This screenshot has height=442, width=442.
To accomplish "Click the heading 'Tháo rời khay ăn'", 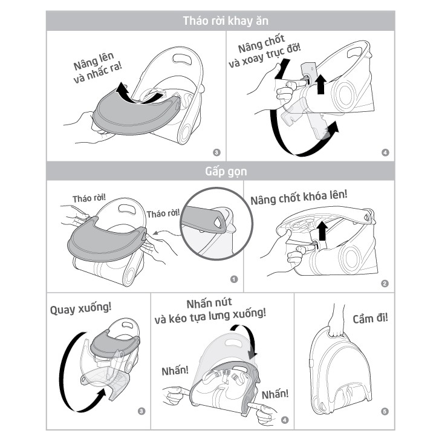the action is (225, 21).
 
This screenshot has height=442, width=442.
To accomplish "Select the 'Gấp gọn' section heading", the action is (226, 171).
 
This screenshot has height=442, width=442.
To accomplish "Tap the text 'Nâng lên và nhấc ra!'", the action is (97, 68).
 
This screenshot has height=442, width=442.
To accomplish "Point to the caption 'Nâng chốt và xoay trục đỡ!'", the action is (264, 51).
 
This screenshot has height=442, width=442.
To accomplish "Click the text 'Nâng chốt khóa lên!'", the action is (299, 197).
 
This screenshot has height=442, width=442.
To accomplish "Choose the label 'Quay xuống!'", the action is (80, 308).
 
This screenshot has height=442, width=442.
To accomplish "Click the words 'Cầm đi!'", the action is (370, 319).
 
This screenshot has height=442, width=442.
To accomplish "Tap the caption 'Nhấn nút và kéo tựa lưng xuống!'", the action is (210, 311).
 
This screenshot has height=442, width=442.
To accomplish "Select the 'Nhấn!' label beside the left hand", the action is (175, 371).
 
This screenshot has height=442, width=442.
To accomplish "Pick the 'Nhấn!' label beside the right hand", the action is (275, 394).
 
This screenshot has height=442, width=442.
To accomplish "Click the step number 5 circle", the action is (385, 411).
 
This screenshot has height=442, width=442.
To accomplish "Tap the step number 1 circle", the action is (234, 279).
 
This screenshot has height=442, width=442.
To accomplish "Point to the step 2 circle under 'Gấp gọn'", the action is (385, 284).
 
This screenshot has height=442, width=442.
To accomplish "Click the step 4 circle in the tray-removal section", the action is (385, 152).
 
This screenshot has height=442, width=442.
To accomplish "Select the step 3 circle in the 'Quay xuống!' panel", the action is (141, 411).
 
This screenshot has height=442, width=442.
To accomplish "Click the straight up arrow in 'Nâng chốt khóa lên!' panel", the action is (322, 231).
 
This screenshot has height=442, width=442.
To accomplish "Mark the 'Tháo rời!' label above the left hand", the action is (89, 198).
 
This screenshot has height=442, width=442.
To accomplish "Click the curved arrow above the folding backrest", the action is (247, 338).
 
